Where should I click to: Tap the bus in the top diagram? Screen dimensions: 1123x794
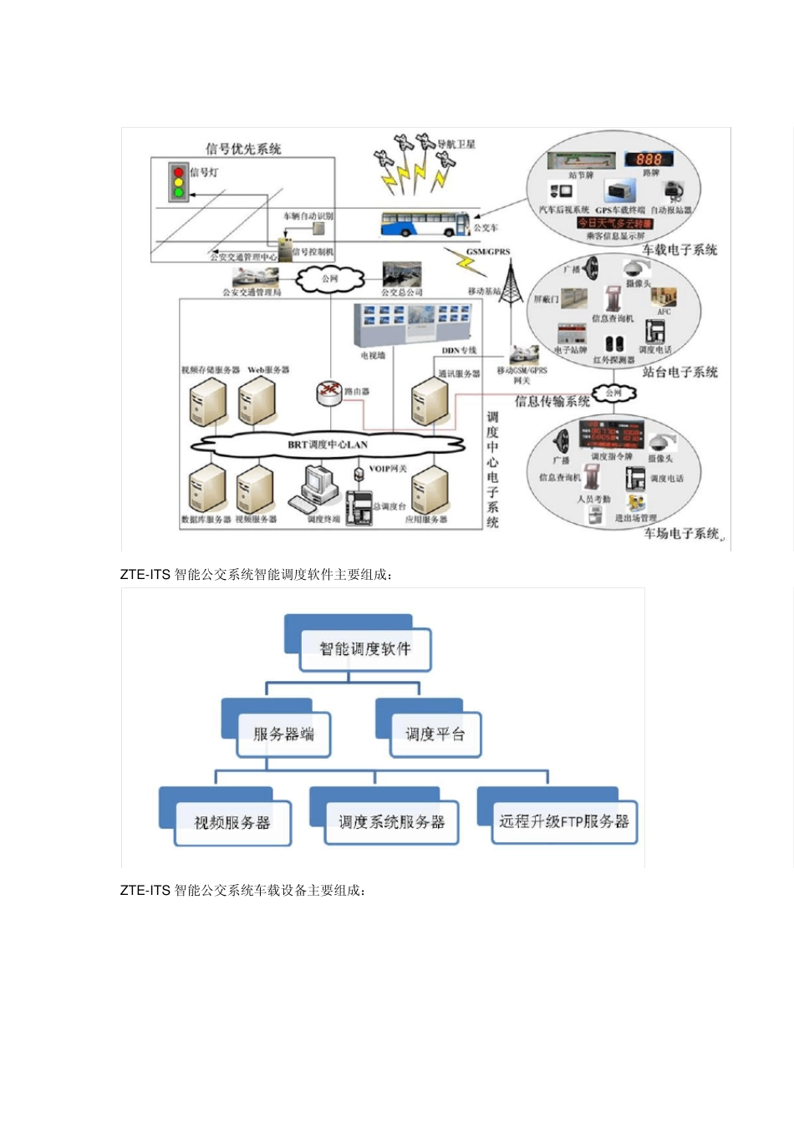click(425, 224)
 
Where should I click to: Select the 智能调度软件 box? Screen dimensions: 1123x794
click(365, 648)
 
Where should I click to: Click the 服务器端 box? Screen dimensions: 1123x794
click(283, 734)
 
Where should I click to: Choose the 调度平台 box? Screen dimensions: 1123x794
click(435, 734)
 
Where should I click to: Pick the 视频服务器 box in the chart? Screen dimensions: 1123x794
click(232, 822)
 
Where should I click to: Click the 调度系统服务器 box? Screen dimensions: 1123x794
click(391, 822)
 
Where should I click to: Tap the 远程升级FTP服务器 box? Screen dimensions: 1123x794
click(564, 821)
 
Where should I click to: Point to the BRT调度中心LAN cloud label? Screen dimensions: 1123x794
click(328, 445)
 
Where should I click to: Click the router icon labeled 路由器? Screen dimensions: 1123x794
click(330, 391)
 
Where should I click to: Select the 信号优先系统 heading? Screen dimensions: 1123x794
click(243, 149)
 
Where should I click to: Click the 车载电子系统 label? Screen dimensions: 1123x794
click(679, 249)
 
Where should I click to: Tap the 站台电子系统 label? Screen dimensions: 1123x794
click(679, 372)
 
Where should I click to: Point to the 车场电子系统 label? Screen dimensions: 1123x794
click(681, 533)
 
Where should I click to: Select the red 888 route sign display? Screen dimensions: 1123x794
click(649, 159)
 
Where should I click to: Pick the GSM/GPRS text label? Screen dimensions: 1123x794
click(488, 251)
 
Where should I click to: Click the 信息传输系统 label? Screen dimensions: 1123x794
click(552, 401)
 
